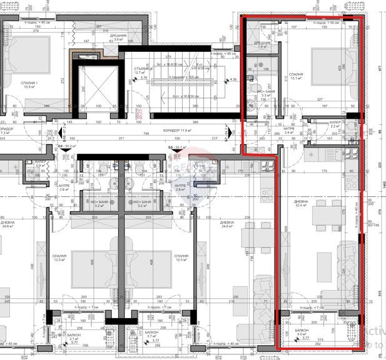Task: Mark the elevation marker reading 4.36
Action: (x=233, y=79)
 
